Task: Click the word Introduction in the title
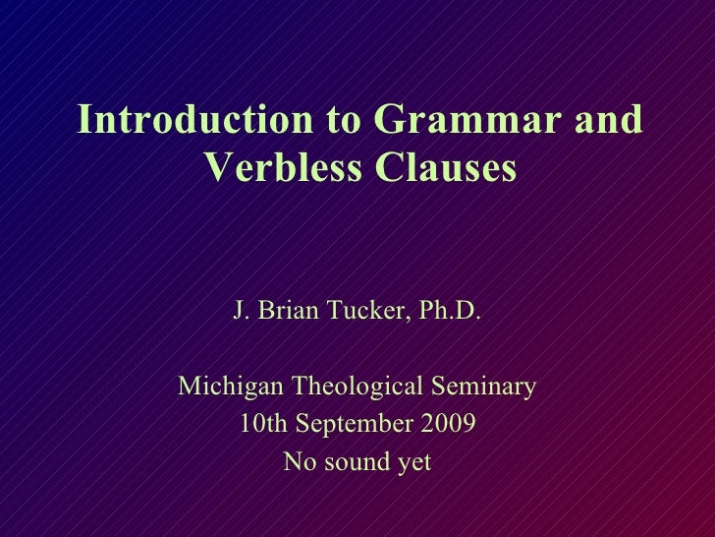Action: (x=194, y=122)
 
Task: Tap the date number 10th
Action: (x=261, y=425)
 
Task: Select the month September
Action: (x=353, y=425)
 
